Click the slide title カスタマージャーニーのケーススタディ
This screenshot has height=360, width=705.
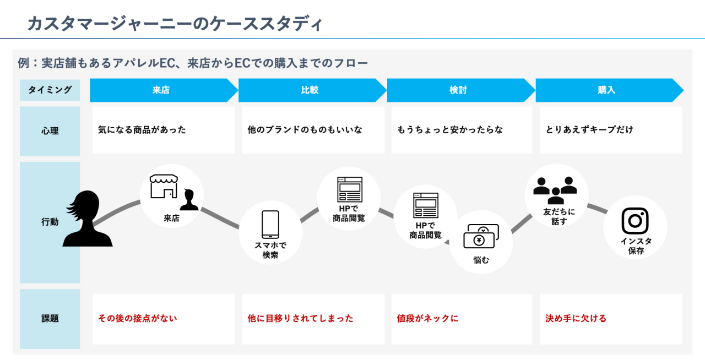175,24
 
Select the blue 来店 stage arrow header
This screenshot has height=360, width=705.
161,90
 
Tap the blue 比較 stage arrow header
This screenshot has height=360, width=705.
310,90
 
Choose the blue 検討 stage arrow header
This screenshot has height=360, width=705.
458,90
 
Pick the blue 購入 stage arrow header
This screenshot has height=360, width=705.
606,90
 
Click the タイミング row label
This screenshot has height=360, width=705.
50,90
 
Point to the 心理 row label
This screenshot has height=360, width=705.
50,131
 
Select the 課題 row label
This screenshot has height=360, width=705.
50,318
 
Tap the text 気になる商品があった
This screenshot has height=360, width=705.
142,130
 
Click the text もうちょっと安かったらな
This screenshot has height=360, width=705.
450,130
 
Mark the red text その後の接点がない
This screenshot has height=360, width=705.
138,318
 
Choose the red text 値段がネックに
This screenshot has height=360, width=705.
427,318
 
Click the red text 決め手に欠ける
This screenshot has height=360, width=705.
576,318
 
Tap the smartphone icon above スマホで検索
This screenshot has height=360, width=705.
270,225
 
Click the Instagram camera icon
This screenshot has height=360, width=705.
635,221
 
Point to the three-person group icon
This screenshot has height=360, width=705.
555,189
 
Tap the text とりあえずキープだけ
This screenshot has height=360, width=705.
589,130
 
